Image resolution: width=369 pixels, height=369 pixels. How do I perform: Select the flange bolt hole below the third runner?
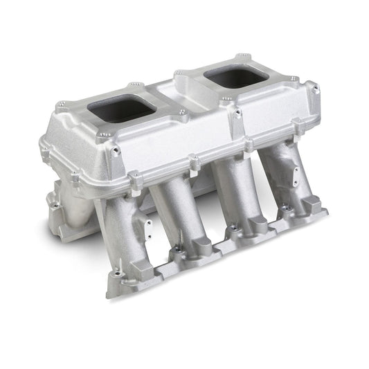pos(233,228)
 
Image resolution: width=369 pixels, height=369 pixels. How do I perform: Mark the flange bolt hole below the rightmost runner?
pos(285,207)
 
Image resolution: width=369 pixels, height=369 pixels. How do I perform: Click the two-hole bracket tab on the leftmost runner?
pos(144,229)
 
